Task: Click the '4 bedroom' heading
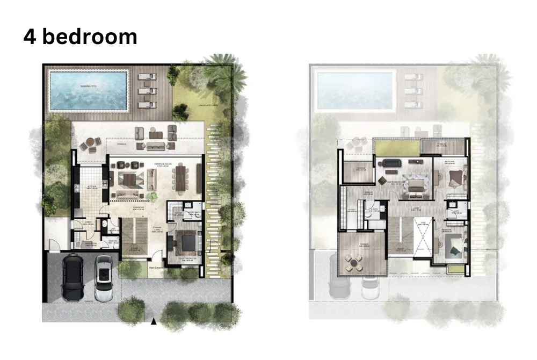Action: pyautogui.click(x=80, y=37)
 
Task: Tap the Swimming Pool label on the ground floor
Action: pyautogui.click(x=89, y=85)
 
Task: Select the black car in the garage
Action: pyautogui.click(x=72, y=277)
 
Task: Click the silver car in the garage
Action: pyautogui.click(x=103, y=277)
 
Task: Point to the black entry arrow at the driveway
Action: pyautogui.click(x=154, y=321)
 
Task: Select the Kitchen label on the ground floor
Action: pyautogui.click(x=91, y=188)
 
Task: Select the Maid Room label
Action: pyautogui.click(x=78, y=242)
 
